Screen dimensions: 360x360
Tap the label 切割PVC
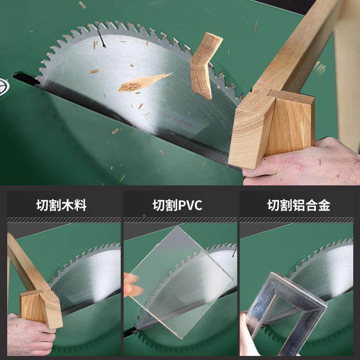(180, 206)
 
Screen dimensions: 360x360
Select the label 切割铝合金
(299, 206)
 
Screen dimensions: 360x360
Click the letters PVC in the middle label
(190, 206)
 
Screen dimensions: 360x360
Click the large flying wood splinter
(143, 82)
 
